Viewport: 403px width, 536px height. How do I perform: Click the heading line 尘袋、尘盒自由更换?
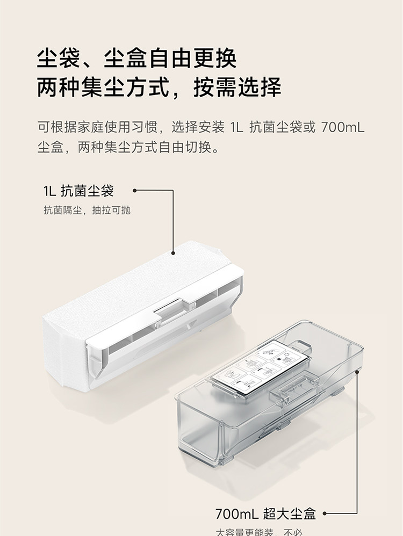137,59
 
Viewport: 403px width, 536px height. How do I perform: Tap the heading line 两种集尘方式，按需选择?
159,88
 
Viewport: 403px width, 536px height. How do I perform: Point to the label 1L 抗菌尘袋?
78,191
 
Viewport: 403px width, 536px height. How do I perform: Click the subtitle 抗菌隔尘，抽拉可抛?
87,211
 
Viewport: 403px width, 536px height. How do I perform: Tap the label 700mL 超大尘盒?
265,513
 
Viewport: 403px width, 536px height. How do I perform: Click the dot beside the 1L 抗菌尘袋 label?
134,190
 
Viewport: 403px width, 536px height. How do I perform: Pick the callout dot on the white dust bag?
174,253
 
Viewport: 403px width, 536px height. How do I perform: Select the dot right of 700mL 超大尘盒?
325,514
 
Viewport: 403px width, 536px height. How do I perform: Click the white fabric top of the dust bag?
134,285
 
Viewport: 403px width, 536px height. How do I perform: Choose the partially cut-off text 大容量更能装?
244,532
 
